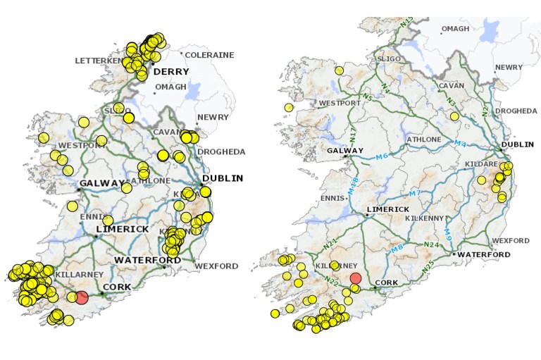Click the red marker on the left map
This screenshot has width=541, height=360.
coord(82,297)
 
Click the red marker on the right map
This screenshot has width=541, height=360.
coord(355,278)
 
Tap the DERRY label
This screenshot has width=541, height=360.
coord(171,73)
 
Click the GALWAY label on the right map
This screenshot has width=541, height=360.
coord(344,150)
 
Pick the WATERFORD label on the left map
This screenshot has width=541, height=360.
coord(149,259)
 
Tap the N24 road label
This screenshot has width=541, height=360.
coord(431,244)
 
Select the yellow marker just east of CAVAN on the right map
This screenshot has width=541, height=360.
coord(454,116)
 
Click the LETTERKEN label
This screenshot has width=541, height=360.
coord(99,61)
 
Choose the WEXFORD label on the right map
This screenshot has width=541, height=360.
coord(511,240)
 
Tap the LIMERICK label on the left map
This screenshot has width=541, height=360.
coord(123,229)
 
